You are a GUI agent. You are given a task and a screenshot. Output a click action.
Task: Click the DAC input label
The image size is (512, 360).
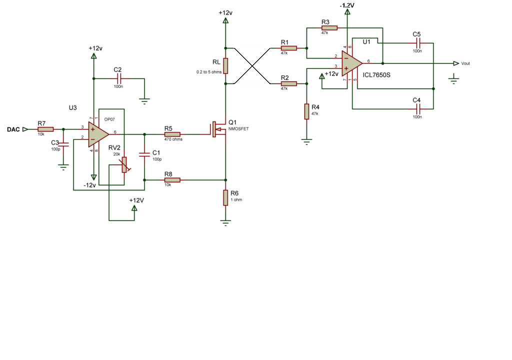[13, 129]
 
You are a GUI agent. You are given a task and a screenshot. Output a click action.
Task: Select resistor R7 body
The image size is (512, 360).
[45, 129]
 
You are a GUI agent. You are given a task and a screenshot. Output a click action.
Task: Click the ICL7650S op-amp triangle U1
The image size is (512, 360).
[352, 63]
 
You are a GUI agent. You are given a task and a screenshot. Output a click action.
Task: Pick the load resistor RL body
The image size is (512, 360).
[225, 66]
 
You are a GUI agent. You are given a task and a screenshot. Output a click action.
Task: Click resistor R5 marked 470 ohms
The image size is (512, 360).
[172, 134]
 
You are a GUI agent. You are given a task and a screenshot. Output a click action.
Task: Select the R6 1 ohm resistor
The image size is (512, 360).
[225, 197]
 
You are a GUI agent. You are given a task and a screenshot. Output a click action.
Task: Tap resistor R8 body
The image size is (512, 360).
[172, 180]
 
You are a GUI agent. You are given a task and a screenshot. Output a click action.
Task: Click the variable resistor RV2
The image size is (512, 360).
[124, 165]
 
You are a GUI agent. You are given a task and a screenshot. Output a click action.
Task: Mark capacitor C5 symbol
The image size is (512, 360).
[418, 43]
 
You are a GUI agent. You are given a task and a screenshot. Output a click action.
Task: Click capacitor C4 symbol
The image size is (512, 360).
[418, 109]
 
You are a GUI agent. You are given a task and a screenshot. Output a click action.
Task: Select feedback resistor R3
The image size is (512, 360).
[329, 28]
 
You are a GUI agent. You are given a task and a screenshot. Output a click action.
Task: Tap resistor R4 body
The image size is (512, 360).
[306, 111]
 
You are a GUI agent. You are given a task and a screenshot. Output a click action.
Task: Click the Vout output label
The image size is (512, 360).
[465, 63]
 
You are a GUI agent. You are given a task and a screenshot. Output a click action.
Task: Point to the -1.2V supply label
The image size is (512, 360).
[347, 5]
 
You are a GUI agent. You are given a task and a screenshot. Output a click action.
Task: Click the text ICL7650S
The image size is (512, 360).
[376, 75]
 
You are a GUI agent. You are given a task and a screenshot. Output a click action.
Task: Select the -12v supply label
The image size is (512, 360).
[90, 185]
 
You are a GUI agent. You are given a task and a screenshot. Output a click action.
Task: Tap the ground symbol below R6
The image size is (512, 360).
[225, 223]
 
